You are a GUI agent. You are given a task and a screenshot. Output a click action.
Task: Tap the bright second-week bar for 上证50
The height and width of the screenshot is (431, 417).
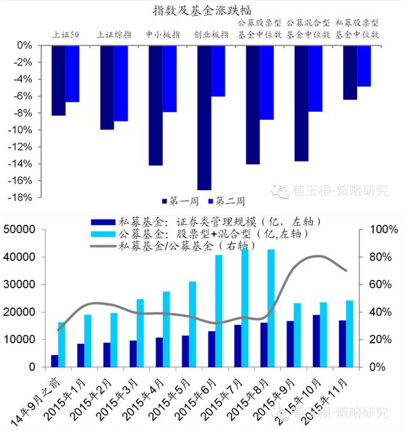(x=72, y=74)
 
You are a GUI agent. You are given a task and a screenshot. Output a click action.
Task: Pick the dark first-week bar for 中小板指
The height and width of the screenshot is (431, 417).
(x=155, y=105)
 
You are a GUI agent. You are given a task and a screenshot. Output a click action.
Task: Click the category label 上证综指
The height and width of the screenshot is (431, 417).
(x=114, y=34)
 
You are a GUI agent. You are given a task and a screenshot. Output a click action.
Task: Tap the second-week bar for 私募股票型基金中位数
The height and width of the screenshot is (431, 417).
(x=364, y=66)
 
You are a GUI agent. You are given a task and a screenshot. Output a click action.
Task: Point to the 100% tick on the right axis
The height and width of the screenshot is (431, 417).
(x=383, y=229)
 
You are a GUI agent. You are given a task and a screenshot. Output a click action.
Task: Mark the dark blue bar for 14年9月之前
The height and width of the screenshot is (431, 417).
(x=55, y=361)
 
